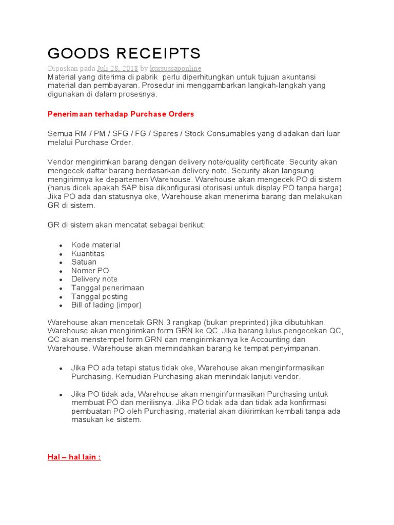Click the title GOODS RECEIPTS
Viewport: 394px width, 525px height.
[x=124, y=53]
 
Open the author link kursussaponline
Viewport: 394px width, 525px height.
[x=175, y=68]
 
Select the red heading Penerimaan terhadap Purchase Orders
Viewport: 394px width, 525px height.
[x=121, y=113]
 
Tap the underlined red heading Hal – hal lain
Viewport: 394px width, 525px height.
[x=74, y=457]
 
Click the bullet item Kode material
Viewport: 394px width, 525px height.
[x=95, y=245]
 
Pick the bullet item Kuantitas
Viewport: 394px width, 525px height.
[x=88, y=254]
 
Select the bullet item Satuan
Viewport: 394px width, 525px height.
[x=84, y=262]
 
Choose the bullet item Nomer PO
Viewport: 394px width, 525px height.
[x=90, y=271]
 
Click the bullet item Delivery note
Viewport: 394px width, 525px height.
[x=94, y=279]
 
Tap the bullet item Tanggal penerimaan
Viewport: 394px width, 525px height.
[x=108, y=288]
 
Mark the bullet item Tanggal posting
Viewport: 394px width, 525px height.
[x=100, y=296]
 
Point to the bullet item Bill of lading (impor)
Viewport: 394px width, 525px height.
[x=106, y=305]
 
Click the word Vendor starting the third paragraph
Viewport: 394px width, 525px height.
[x=60, y=162]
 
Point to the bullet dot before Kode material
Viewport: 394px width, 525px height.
[x=61, y=246]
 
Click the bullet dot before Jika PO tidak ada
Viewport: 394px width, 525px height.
[x=61, y=394]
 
